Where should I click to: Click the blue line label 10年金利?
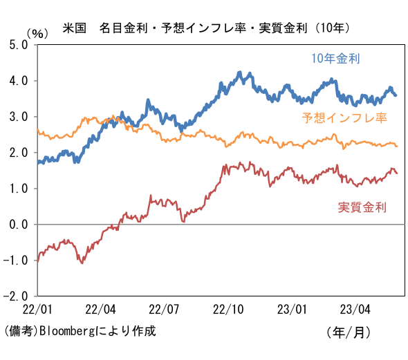(x=335, y=59)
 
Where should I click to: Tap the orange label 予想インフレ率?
(x=344, y=117)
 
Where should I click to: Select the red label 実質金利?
(x=362, y=207)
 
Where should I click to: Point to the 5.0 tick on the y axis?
(x=19, y=45)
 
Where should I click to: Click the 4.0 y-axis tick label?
(x=19, y=81)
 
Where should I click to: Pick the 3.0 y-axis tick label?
(x=19, y=117)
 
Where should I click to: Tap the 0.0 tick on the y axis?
(x=19, y=225)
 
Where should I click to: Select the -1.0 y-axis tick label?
(x=15, y=260)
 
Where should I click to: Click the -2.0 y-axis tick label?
(x=15, y=296)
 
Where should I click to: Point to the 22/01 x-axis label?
(x=37, y=310)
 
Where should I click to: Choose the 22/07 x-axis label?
(x=164, y=310)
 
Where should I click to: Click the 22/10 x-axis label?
(x=228, y=310)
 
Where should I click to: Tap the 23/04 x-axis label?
(x=355, y=310)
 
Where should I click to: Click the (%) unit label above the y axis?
(x=38, y=34)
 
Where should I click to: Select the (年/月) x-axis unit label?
(x=349, y=332)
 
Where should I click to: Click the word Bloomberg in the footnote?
(x=68, y=331)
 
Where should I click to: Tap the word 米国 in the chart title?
(x=75, y=28)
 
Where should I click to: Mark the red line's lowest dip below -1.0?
(x=82, y=263)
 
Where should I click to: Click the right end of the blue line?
(x=396, y=95)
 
